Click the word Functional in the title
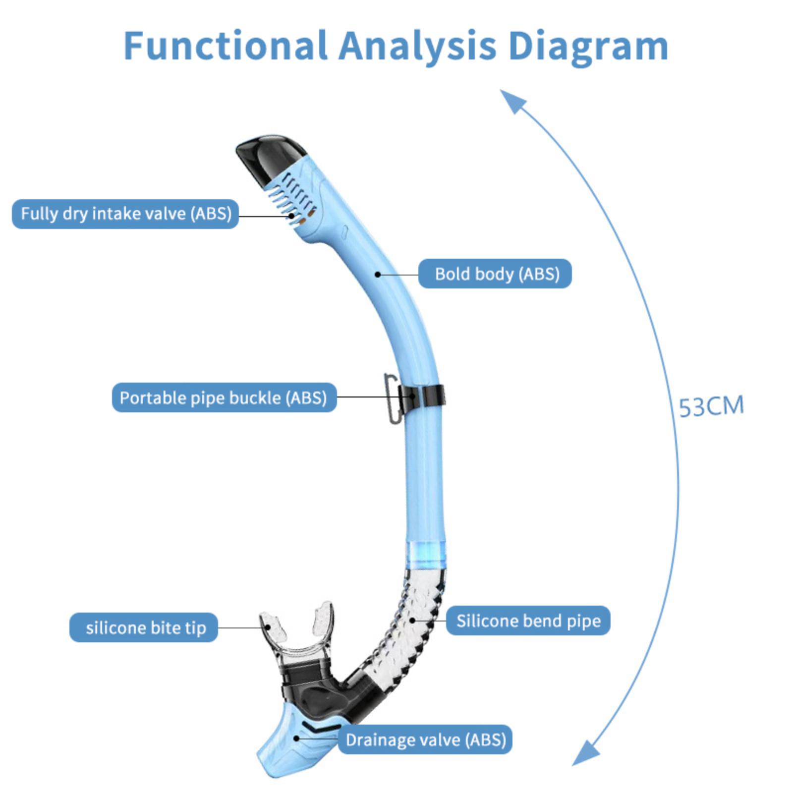[x=226, y=46]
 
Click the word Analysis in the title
[x=417, y=48]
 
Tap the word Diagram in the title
[x=588, y=48]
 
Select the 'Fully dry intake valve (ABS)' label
[x=125, y=214]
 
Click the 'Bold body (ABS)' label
[x=495, y=274]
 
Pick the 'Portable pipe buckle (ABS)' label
[x=224, y=397]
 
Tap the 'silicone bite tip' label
[x=144, y=627]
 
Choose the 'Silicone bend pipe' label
[x=528, y=620]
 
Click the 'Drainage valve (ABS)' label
[x=425, y=739]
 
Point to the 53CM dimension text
[x=711, y=406]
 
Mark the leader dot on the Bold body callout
[x=378, y=274]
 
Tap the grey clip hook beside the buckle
[x=392, y=399]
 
